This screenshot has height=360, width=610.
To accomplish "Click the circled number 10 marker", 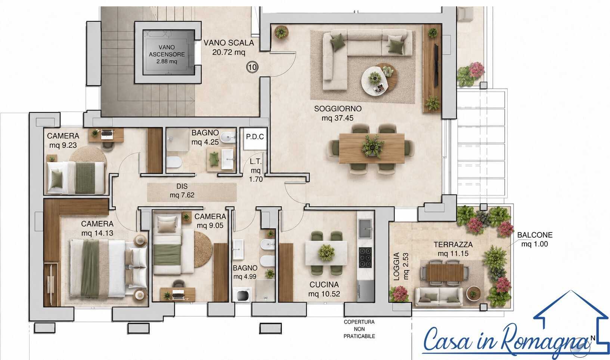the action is point(252,67).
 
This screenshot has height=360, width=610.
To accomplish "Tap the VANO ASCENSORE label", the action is point(167,51).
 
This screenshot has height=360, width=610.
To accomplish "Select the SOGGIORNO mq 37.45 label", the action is point(338,113).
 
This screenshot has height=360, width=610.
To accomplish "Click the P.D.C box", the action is point(255,138).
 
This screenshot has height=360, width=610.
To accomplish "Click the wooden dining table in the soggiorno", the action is point(372,148).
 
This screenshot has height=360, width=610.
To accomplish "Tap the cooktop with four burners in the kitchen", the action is point(365,257).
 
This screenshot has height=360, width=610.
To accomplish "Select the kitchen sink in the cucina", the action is point(365,228).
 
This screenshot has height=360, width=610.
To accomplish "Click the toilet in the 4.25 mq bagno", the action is point(174,162).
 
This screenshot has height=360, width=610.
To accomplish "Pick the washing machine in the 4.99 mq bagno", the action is point(242,295).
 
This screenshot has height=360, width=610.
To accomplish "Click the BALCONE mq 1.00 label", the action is point(535,239).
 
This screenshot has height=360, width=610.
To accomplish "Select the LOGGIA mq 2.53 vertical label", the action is point(401,266).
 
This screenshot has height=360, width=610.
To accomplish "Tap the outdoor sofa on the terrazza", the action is point(439,297).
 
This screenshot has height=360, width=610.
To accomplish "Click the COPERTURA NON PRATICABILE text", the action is point(359,329).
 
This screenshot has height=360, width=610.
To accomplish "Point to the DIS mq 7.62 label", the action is point(182,191).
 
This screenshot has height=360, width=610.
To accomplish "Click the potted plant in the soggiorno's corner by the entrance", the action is point(281,32).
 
